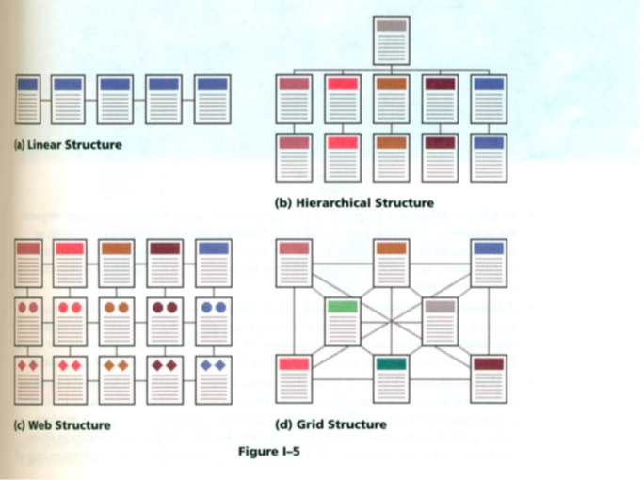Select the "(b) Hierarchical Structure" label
(353, 202)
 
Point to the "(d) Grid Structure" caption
(330, 424)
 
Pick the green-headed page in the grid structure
(343, 321)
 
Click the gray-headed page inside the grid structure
(440, 321)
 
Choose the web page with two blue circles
(212, 320)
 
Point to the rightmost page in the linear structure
(212, 98)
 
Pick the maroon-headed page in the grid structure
(488, 376)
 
